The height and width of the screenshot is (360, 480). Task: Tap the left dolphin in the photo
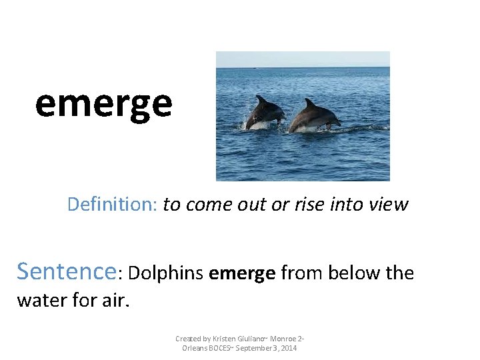point(265,115)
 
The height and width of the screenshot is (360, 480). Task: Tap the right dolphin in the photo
point(313,117)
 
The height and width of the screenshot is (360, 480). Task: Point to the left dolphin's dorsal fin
point(261,99)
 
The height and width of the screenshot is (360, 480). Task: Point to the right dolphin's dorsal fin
point(309,103)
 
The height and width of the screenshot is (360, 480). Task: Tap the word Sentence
point(66,271)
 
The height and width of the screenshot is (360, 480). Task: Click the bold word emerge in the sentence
point(242,274)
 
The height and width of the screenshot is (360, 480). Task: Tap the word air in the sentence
point(115,300)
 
